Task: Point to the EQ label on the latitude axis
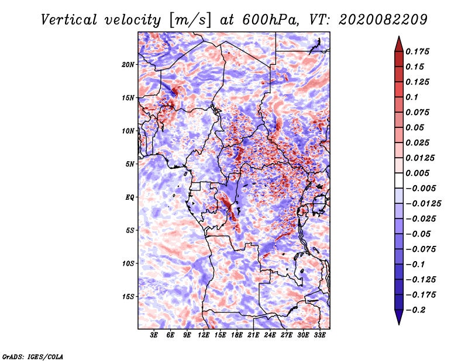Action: coord(130,197)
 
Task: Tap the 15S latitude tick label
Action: coord(129,297)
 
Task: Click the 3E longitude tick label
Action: coord(154,336)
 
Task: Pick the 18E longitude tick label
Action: coord(237,336)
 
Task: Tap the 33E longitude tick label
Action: coord(319,336)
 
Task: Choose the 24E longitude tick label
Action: coord(270,336)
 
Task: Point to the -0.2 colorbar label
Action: coord(417,310)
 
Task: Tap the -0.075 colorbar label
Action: coord(421,249)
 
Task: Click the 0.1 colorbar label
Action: coord(412,97)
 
